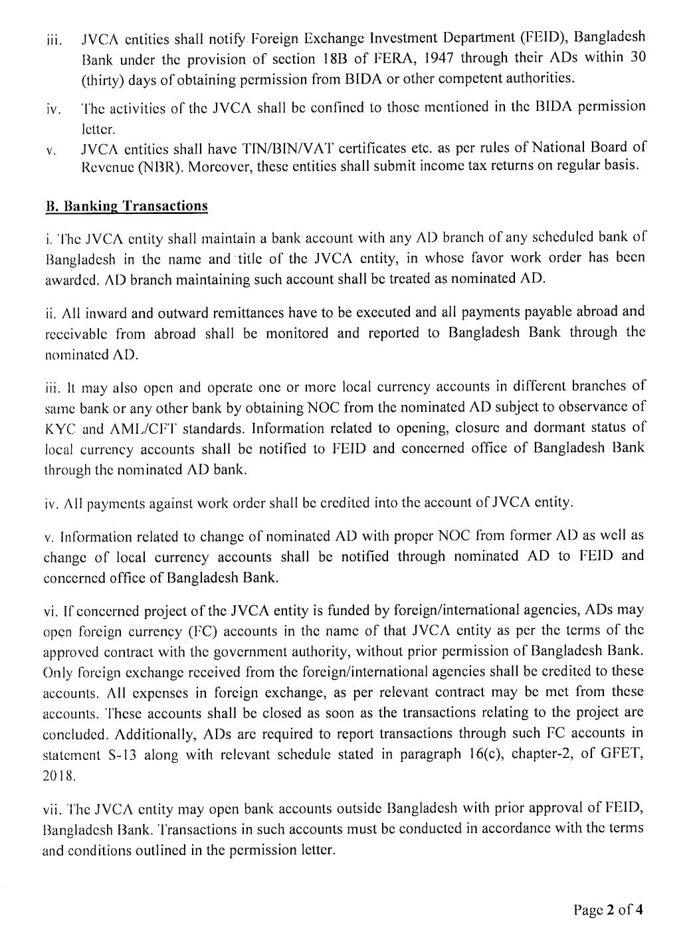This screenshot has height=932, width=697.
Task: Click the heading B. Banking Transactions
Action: pos(126,206)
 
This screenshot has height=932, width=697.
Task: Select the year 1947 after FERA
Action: pos(437,58)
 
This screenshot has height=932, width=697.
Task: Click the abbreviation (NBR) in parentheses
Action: pos(165,166)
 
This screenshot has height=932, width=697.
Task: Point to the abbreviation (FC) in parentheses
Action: pos(183,630)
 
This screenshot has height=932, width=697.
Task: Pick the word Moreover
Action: pos(219,166)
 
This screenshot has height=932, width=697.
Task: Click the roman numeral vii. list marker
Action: pos(53,809)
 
